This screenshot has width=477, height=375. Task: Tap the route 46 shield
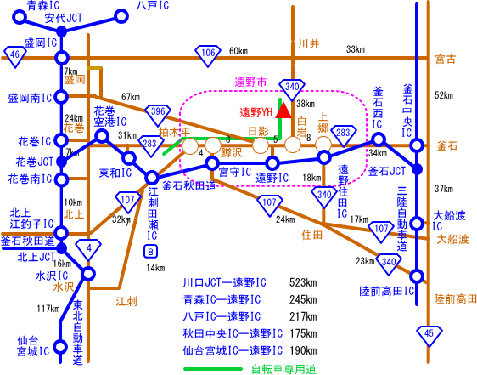coord(14,56)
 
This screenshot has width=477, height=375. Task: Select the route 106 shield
coord(208,55)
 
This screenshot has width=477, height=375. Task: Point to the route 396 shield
coord(158,114)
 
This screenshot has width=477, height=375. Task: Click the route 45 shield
coord(429,336)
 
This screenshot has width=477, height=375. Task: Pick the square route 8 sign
coord(150,251)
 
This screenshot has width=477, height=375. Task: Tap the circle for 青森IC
coord(20,17)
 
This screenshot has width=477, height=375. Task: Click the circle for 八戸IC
coord(121,16)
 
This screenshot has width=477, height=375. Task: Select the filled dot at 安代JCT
coord(62,31)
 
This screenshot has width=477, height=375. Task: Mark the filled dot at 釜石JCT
coord(417,169)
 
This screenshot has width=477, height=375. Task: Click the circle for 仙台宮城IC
coord(60,347)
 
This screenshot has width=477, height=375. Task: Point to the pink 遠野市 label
coord(250,82)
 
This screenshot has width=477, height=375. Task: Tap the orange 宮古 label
coord(446,59)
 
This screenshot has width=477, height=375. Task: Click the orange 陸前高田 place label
coord(455,298)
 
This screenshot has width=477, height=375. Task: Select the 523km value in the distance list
coord(303,282)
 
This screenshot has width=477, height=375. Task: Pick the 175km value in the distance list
coord(303,333)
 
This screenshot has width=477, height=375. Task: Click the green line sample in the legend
coord(213,369)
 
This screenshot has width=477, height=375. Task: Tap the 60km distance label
coord(238,51)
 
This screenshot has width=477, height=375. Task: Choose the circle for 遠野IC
coord(272,163)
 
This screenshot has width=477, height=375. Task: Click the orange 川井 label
coord(309,44)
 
